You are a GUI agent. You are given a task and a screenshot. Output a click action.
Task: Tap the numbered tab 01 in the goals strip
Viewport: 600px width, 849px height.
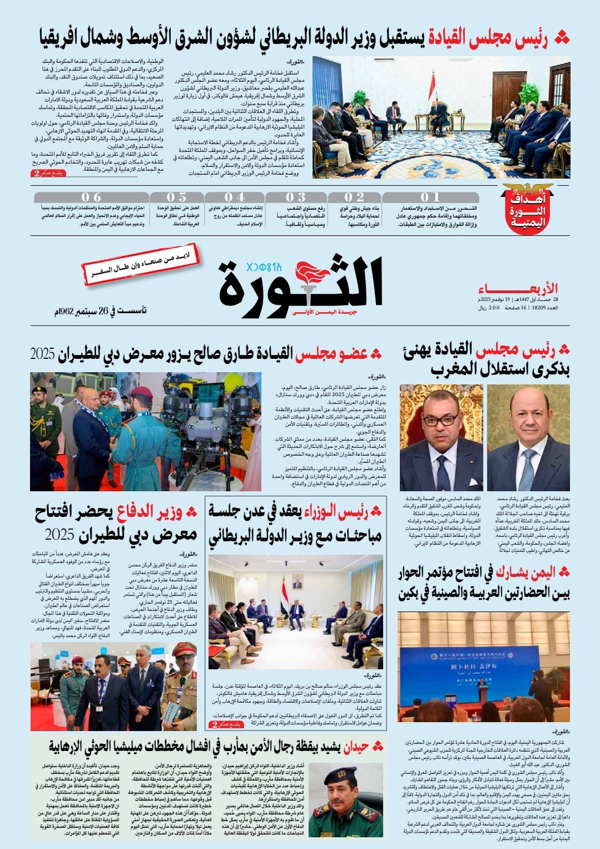pyautogui.click(x=430, y=198)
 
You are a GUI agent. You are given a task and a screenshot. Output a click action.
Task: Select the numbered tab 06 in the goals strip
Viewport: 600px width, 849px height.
pyautogui.click(x=91, y=198)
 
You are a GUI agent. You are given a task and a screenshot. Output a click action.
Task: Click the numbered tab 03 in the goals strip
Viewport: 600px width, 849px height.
pyautogui.click(x=295, y=198)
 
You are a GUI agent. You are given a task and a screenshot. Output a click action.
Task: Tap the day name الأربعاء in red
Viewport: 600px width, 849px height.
pyautogui.click(x=518, y=289)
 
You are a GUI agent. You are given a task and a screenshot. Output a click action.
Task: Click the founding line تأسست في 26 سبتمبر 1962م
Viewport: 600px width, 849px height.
pyautogui.click(x=100, y=310)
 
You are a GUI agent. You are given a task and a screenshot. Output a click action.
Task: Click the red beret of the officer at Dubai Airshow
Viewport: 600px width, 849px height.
pyautogui.click(x=142, y=392)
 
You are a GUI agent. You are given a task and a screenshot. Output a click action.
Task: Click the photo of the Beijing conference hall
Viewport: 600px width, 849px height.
pyautogui.click(x=483, y=667)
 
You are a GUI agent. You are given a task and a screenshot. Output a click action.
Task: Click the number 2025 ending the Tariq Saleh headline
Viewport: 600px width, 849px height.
pyautogui.click(x=42, y=354)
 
